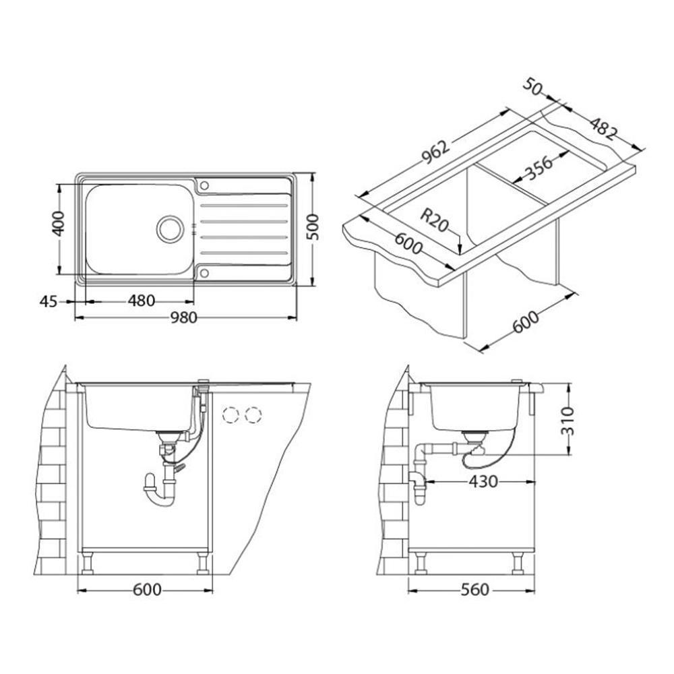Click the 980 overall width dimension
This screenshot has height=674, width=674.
(183, 318)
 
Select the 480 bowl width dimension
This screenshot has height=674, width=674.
(141, 301)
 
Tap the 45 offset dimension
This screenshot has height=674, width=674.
(48, 302)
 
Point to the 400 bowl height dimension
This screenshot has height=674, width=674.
(58, 224)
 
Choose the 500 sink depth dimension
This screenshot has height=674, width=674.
(314, 227)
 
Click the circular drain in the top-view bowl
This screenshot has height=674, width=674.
(171, 229)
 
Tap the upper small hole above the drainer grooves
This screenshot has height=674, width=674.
(205, 186)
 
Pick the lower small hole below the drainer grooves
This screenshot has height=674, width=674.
(205, 273)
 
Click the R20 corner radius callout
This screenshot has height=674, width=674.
(434, 220)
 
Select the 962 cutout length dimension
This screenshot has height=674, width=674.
(435, 152)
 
